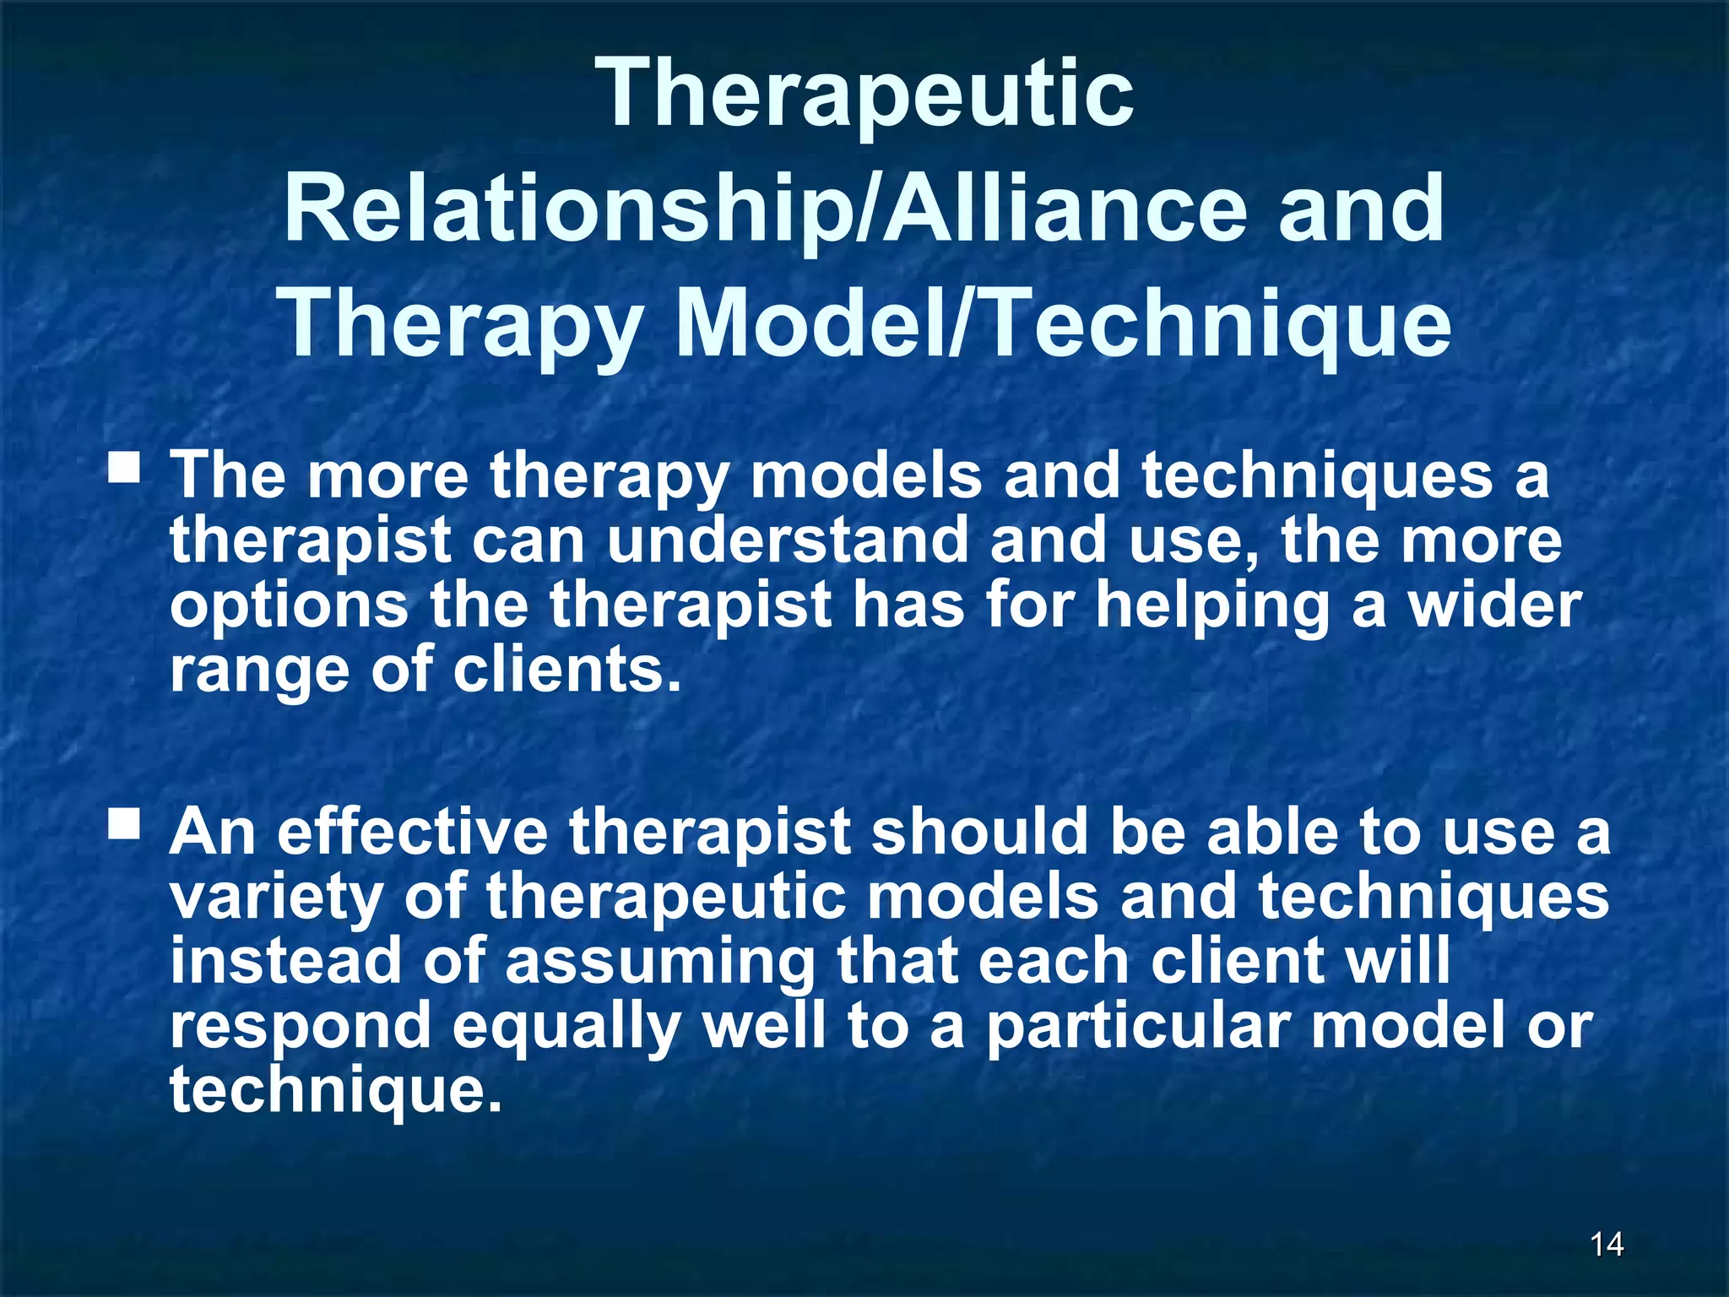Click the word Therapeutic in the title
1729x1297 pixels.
[x=868, y=95]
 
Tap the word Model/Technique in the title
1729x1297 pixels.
[x=1064, y=325]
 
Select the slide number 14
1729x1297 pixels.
[x=1607, y=1243]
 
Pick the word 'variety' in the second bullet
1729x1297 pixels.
[x=276, y=898]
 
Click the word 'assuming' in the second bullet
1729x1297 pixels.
[x=660, y=963]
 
